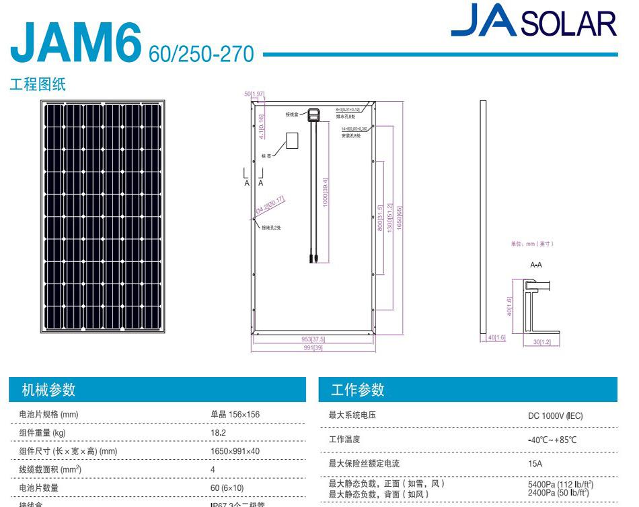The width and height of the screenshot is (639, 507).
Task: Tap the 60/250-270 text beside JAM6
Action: (x=202, y=54)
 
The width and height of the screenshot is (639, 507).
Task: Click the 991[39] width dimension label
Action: (x=313, y=347)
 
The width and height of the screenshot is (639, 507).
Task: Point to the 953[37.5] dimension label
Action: (x=313, y=339)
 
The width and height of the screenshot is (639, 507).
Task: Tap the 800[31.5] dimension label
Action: (x=380, y=219)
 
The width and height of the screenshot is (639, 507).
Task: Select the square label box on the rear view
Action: (x=292, y=140)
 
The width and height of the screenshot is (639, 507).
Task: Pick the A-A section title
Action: (x=536, y=265)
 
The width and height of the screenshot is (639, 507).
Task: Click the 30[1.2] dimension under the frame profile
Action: (x=541, y=342)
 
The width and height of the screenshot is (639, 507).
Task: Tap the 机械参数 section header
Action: (x=48, y=390)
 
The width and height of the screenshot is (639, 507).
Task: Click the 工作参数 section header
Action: (x=358, y=390)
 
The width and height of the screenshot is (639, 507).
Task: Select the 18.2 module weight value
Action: (x=219, y=433)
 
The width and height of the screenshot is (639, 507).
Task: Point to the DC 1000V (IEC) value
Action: (x=555, y=416)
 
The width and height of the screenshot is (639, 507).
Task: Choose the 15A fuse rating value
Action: (x=535, y=464)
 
